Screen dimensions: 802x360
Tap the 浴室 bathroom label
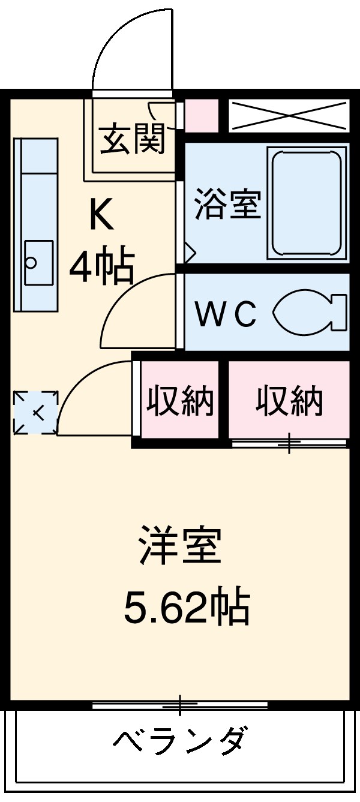[227, 205]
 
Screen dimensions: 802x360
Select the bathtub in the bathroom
[308, 205]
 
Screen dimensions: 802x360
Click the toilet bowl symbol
[309, 313]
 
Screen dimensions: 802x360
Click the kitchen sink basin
[38, 262]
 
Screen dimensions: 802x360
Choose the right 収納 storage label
[289, 401]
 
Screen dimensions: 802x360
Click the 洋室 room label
[181, 544]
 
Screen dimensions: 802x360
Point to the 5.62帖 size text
[187, 606]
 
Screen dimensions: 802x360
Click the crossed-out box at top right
[289, 116]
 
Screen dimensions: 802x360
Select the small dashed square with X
[35, 412]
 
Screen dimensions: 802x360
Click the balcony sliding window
[180, 705]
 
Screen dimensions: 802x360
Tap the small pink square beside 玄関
[201, 115]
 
